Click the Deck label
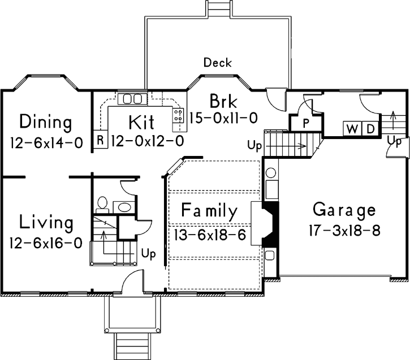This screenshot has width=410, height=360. click(x=218, y=62)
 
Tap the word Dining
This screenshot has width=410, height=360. click(x=46, y=122)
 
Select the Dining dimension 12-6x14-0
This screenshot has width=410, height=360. click(x=46, y=142)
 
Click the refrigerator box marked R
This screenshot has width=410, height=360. click(x=100, y=140)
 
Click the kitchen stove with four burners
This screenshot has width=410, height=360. click(x=178, y=115)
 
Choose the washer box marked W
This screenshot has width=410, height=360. click(x=352, y=129)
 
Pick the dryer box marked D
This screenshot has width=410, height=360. click(x=369, y=129)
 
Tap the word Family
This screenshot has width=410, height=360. click(x=209, y=211)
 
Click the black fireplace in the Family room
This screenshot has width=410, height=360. click(x=271, y=223)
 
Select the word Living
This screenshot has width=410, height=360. click(x=46, y=222)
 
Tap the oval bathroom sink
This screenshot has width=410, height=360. click(x=124, y=207)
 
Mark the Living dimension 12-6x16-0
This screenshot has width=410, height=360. click(x=46, y=242)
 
